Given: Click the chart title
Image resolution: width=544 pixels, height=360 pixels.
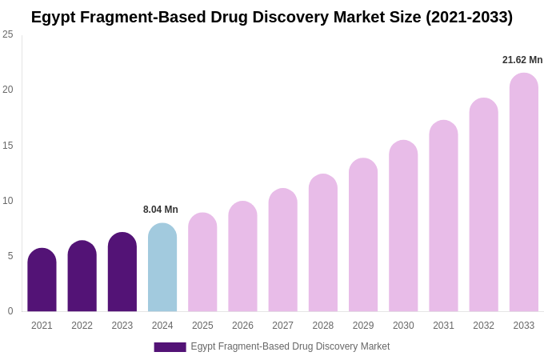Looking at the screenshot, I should point(272,17).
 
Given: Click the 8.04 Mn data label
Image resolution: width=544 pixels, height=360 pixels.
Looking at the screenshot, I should point(161,210).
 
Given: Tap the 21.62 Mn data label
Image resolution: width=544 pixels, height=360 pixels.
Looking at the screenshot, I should point(522,60).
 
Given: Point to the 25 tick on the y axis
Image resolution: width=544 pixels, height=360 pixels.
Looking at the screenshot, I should point(8,34).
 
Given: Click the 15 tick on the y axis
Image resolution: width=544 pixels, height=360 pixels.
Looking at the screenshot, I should point(8,145).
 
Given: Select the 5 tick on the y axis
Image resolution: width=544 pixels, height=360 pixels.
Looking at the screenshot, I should point(10,256).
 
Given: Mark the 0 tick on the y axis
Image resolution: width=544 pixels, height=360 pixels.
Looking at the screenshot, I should point(10,311).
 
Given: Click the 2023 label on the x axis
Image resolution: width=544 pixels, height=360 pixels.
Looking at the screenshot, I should point(122,326).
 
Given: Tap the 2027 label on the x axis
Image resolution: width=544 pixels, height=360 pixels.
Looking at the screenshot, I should point(282,326).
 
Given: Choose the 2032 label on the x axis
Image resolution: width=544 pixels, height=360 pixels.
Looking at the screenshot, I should point(483,326).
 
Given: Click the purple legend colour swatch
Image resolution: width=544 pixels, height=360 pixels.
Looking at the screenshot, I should point(170,347).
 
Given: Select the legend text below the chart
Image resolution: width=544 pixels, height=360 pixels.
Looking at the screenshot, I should point(290,346).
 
